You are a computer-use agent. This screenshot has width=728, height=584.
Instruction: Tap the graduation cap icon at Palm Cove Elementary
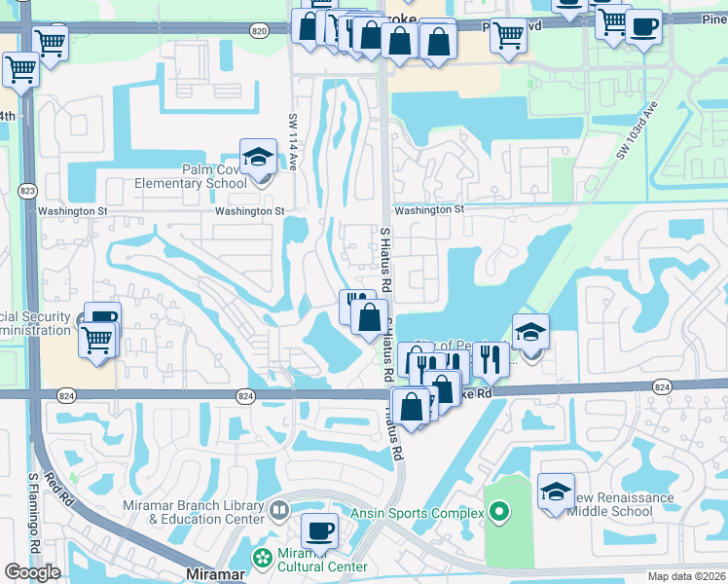tap(258, 157)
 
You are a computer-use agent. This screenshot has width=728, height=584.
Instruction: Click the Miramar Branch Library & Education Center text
tap(193, 512)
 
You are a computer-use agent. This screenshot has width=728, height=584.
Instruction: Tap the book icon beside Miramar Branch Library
tap(280, 509)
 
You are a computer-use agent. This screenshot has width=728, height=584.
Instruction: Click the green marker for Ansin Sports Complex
tap(499, 511)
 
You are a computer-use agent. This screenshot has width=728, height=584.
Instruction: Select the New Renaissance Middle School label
tap(623, 504)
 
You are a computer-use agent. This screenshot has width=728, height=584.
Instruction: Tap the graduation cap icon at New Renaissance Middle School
tap(556, 490)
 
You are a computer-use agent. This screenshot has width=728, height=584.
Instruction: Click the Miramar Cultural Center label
tap(322, 560)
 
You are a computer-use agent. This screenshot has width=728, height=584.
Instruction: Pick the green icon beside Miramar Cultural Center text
tap(261, 558)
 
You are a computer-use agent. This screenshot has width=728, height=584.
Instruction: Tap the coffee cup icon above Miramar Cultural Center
tap(319, 531)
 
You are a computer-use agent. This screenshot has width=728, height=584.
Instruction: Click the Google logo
tap(32, 572)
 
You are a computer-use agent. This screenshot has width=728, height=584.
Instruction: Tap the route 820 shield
tap(258, 31)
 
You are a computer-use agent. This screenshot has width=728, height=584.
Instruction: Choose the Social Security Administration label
tap(36, 322)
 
